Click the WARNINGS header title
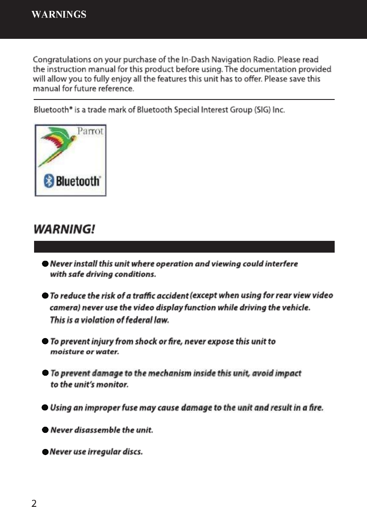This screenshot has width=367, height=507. coord(59,15)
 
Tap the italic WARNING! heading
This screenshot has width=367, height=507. coord(64,230)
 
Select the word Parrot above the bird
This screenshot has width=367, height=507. coord(90,131)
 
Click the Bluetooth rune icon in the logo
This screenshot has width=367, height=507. coord(50,181)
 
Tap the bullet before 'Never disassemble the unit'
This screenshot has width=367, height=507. coord(45,431)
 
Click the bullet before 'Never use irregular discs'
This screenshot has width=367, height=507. coord(45,452)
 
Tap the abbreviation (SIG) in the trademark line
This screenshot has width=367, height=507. coord(262,110)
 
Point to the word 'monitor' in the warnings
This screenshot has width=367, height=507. coord(113,385)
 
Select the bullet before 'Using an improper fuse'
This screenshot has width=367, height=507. coord(45,408)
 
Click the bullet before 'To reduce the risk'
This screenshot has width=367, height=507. coord(45,296)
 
